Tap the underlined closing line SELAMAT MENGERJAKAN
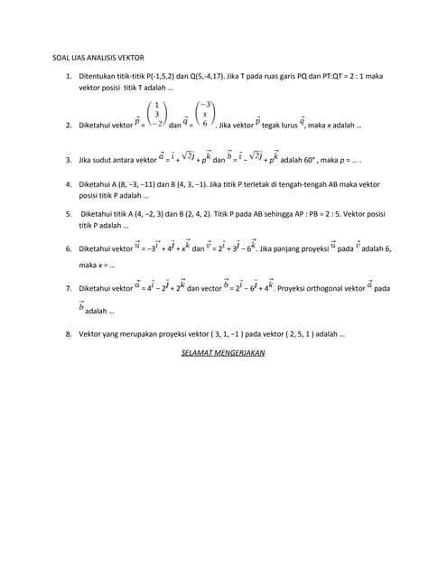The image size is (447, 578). click(x=223, y=353)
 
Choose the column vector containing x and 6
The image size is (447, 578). click(x=205, y=116)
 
